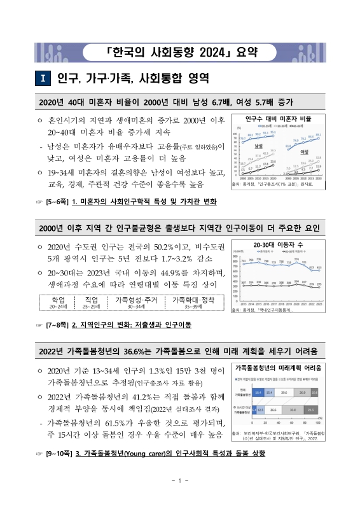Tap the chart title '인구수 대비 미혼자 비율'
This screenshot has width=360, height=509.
278,118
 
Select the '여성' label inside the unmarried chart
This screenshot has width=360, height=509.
305,152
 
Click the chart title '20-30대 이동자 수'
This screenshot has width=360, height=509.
278,244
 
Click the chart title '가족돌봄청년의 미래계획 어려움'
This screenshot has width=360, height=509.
278,368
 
